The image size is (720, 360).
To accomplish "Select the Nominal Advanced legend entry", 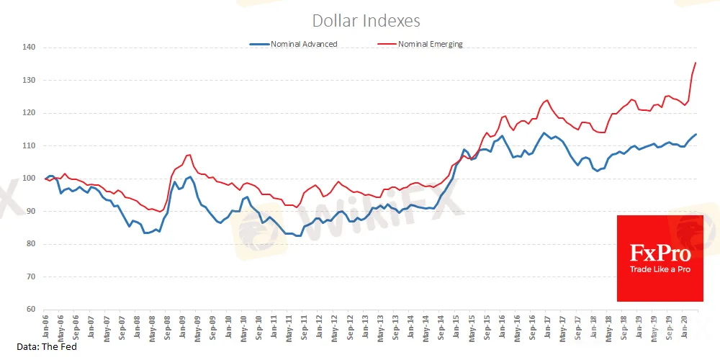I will click(x=303, y=44).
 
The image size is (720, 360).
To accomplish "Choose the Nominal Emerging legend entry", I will click(x=430, y=44).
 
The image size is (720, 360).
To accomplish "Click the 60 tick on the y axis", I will click(x=30, y=310).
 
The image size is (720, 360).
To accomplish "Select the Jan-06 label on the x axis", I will click(x=46, y=326).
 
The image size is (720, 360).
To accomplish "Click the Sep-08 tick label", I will click(x=168, y=326).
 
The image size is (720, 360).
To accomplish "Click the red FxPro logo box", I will click(x=660, y=258).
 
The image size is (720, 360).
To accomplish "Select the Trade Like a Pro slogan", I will click(x=660, y=269).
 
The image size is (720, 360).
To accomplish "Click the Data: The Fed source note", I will click(x=47, y=347).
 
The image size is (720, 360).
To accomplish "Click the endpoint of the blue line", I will click(x=696, y=135).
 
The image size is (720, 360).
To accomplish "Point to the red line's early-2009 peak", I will click(x=189, y=155).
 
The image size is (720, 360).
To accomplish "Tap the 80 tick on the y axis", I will click(x=30, y=244).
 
